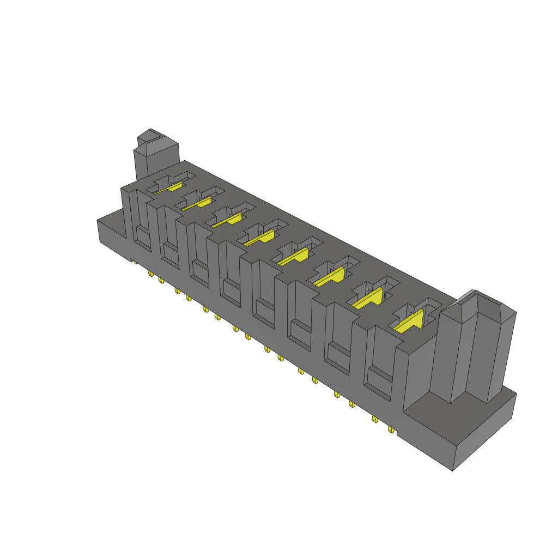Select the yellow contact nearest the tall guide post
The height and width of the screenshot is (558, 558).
pyautogui.click(x=410, y=322)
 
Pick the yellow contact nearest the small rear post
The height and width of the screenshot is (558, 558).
pyautogui.click(x=169, y=188)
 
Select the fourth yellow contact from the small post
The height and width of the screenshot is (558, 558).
pyautogui.click(x=260, y=238)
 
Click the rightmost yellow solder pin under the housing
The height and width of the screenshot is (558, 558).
pyautogui.click(x=391, y=430)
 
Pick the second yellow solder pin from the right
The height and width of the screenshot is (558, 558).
pyautogui.click(x=375, y=419)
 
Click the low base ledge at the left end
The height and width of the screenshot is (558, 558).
pyautogui.click(x=112, y=232)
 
